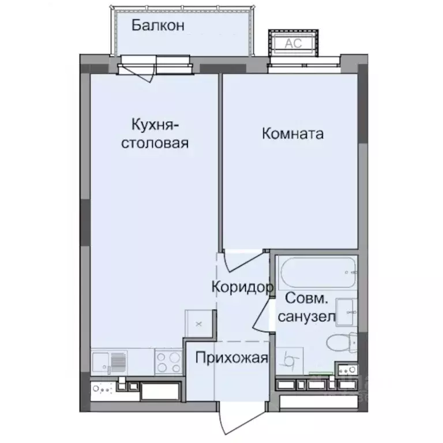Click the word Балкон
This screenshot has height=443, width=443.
[157, 25]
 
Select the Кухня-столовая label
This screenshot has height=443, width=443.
[154, 134]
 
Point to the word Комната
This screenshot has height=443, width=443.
[292, 134]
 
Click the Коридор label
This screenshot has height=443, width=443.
[241, 287]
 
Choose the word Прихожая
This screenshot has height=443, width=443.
[231, 358]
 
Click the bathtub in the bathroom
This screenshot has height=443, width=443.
[317, 273]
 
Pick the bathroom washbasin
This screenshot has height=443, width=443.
[346, 311]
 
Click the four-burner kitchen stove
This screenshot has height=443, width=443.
[168, 362]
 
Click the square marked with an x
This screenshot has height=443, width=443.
[198, 323]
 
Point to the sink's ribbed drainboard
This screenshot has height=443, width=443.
[118, 362]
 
